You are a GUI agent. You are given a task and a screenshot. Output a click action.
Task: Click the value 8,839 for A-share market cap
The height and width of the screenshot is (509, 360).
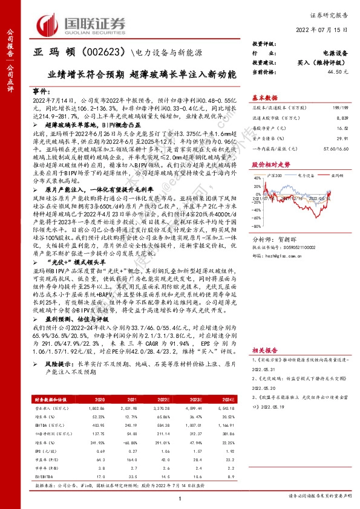click(342, 119)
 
